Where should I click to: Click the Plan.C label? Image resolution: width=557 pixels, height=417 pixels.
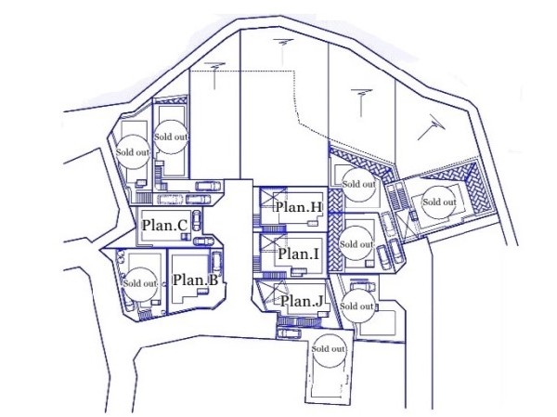(x=164, y=225)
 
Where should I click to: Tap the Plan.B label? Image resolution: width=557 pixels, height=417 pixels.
(x=195, y=280)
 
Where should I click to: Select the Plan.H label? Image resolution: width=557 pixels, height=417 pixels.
(x=299, y=206)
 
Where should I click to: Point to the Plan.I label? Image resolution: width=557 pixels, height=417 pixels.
(x=298, y=254)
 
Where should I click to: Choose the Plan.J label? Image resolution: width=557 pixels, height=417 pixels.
(x=302, y=301)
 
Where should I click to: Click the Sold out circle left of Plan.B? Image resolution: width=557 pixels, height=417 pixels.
(x=140, y=283)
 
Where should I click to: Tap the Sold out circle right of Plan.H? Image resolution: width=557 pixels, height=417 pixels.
(x=358, y=185)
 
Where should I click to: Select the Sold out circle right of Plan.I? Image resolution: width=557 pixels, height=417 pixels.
(x=356, y=244)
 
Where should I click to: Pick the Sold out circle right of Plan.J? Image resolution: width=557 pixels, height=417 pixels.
(x=356, y=306)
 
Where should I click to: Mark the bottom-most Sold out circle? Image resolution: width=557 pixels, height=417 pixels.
(x=329, y=349)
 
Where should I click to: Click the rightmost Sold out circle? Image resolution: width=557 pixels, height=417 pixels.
(x=440, y=202)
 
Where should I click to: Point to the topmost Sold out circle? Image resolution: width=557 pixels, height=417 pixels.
(x=171, y=137)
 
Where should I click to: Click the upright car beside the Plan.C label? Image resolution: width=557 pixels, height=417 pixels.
(x=196, y=220)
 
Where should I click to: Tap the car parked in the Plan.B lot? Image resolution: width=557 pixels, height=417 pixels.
(x=216, y=264)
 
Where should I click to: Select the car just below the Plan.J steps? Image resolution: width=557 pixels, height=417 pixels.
(x=289, y=332)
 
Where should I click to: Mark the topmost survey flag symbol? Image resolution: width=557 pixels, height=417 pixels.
(x=283, y=52)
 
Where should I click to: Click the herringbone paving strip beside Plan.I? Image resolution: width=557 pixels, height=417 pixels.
(x=336, y=241)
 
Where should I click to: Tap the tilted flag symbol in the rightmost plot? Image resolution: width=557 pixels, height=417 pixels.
(x=432, y=127)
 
